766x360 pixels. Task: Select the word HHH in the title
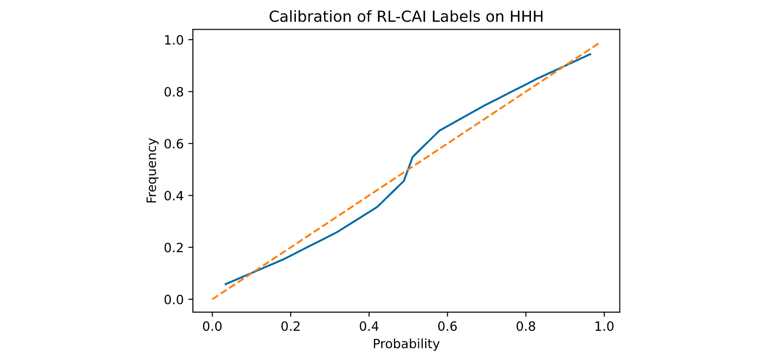(526, 17)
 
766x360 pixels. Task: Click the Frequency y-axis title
(151, 170)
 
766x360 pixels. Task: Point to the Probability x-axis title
(406, 344)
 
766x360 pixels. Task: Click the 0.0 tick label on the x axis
(212, 326)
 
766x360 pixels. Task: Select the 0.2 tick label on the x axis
(290, 326)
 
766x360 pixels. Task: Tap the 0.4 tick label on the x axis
(369, 326)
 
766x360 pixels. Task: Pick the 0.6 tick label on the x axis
(447, 326)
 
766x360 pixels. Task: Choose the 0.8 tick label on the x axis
(526, 326)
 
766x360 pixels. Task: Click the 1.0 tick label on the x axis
(604, 326)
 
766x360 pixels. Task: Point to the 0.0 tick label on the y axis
(174, 300)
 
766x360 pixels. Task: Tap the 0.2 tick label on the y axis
(174, 247)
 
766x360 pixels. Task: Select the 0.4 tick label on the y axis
(174, 195)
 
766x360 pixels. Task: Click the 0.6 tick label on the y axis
(174, 144)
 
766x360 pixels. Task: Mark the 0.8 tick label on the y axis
(174, 92)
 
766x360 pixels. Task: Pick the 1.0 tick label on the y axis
(174, 40)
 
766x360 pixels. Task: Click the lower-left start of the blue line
(225, 284)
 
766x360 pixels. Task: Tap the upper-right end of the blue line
(591, 54)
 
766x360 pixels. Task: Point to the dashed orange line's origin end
(213, 299)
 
